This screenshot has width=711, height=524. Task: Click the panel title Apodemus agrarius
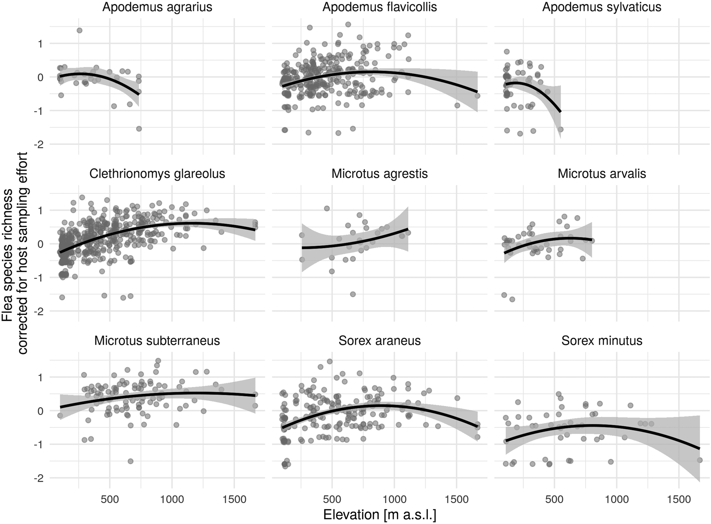(157, 7)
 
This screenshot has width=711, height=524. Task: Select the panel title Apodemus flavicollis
(379, 7)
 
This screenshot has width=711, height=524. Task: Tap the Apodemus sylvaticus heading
(602, 7)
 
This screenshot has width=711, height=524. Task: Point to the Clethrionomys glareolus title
(157, 174)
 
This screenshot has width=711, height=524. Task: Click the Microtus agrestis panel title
(379, 174)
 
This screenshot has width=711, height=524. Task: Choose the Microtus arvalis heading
(602, 174)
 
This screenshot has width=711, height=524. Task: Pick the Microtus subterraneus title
(157, 341)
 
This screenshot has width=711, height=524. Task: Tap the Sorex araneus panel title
(379, 341)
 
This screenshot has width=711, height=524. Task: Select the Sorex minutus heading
(602, 341)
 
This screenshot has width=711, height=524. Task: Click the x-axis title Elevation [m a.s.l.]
(379, 515)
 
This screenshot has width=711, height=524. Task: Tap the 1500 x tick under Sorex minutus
(679, 499)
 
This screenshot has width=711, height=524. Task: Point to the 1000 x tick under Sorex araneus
(394, 499)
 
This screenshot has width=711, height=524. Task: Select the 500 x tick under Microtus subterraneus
(110, 499)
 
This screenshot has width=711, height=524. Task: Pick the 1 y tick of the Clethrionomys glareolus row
(40, 210)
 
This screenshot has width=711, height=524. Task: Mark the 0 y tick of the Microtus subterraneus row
(40, 411)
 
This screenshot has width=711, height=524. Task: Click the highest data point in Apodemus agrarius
(79, 30)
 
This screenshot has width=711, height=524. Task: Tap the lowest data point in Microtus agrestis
(353, 294)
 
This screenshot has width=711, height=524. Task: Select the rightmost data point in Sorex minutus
(700, 460)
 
